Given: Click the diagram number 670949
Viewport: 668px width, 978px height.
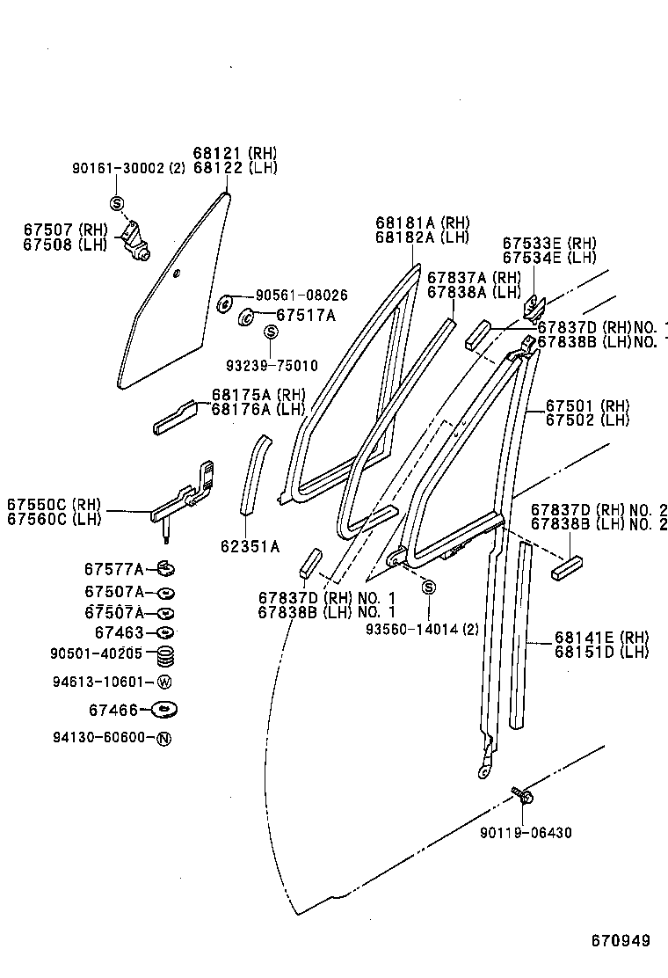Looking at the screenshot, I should click(621, 941).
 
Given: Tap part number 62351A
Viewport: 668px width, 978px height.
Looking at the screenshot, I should click(250, 547).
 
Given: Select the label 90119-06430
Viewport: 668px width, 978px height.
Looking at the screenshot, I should click(526, 832).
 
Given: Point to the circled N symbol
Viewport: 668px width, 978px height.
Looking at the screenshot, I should click(163, 738).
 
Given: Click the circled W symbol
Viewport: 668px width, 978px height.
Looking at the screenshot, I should click(164, 682).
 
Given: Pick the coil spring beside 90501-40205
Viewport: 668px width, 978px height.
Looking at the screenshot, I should click(165, 655).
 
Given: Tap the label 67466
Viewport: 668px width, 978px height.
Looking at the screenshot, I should click(115, 709).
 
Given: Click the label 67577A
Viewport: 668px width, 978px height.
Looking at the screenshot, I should click(114, 569).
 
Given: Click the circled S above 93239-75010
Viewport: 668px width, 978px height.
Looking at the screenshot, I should click(272, 331).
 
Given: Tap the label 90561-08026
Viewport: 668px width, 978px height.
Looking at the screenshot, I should click(301, 296).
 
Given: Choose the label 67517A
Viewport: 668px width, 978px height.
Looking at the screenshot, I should click(294, 315).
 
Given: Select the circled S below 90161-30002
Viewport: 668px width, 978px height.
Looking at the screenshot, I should click(117, 204).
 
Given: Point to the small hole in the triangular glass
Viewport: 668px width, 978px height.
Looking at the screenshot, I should click(177, 274).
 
